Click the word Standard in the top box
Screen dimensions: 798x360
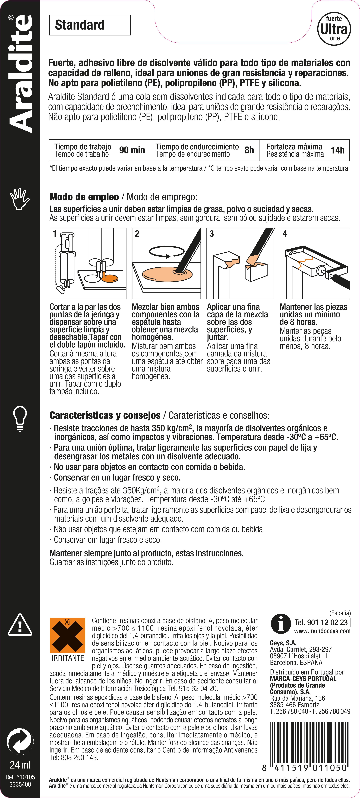80,25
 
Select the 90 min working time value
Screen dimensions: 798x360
132,150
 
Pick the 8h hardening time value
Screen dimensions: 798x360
249,150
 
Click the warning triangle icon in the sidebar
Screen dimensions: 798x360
20,625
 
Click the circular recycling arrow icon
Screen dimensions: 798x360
20,741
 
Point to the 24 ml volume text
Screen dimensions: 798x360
20,765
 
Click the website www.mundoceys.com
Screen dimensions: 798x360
322,631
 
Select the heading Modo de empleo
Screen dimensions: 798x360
84,197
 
